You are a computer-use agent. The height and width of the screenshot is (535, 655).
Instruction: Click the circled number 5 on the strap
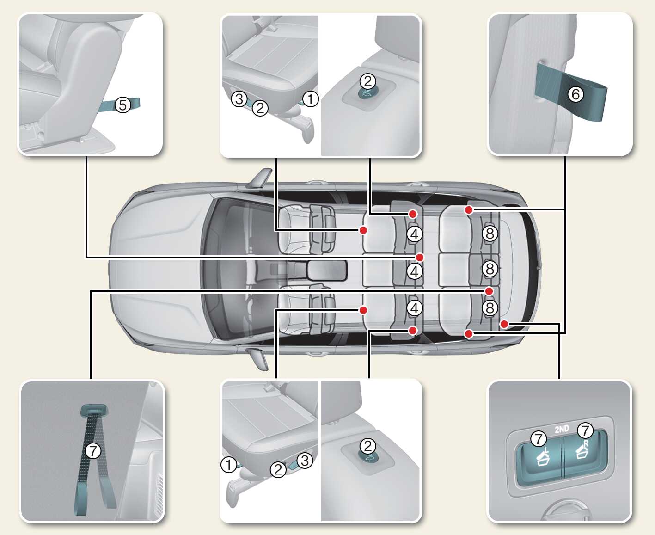tap(122, 105)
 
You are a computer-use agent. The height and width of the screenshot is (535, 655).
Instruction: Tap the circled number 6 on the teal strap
tap(575, 94)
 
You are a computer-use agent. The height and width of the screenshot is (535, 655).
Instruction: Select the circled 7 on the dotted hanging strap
tap(93, 450)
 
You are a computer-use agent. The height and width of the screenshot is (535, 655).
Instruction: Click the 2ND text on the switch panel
tap(562, 429)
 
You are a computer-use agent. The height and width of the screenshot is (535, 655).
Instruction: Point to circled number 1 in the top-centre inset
tap(311, 98)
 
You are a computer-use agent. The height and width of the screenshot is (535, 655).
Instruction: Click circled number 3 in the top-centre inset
tap(239, 98)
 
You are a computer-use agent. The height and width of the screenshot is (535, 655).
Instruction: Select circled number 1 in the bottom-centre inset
tap(229, 464)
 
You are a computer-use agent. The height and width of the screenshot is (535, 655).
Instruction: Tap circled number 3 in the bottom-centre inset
tap(305, 460)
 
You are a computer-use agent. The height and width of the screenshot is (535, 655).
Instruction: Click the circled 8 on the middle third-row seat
tap(490, 268)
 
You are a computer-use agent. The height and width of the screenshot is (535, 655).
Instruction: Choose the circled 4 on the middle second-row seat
tap(415, 271)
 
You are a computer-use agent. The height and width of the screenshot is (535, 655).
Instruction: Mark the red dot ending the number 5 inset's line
tap(420, 257)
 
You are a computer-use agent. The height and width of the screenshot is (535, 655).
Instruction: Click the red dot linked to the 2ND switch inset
tap(505, 324)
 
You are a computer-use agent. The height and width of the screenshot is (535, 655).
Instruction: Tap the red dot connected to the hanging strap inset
tap(489, 291)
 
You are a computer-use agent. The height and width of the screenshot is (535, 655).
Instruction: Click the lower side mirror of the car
tap(258, 358)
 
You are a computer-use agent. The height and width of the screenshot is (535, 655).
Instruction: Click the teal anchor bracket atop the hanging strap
tap(94, 410)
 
